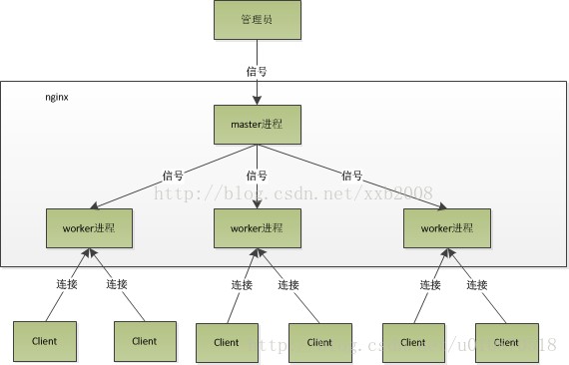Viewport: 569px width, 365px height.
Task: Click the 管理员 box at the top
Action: click(x=257, y=20)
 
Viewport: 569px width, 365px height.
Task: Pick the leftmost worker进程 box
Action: click(x=89, y=227)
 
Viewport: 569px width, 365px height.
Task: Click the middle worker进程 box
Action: click(x=258, y=227)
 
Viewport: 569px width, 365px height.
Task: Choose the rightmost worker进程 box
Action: click(x=446, y=227)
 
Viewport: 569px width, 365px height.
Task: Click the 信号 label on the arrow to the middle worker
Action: click(x=258, y=175)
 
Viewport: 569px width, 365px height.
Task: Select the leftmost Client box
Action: click(x=44, y=340)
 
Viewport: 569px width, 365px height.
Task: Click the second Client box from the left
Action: click(x=144, y=340)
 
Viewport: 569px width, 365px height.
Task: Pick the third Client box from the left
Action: click(x=227, y=342)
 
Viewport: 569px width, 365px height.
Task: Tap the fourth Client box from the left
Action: click(x=319, y=342)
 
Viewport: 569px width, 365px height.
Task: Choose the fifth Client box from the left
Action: click(x=412, y=342)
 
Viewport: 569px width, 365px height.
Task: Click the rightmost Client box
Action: click(x=506, y=342)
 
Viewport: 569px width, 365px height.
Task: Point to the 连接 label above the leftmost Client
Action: click(x=66, y=284)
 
